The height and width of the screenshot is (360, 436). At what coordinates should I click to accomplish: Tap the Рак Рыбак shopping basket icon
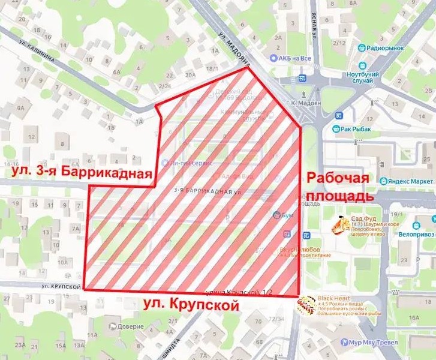coord(337,128)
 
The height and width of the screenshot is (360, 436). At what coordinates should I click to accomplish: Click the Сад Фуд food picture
coord(342,226)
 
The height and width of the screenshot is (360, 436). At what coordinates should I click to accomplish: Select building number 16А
coord(413,317)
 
